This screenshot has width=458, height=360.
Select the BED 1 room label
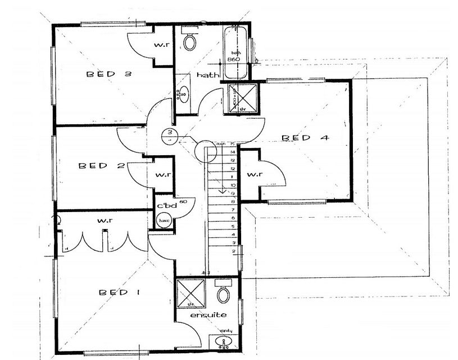[121, 292]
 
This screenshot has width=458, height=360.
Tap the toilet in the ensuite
[224, 293]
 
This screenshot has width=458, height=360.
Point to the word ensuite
[208, 315]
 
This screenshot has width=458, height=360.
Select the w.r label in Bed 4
[255, 175]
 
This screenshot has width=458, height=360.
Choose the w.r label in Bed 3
[164, 44]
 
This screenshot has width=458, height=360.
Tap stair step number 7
[233, 209]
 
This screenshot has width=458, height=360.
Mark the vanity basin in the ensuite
[224, 341]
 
